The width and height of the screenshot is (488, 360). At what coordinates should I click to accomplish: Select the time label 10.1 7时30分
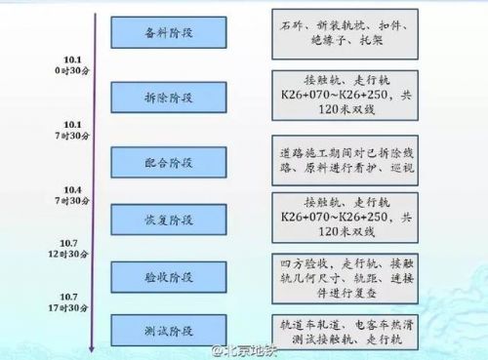pyautogui.click(x=72, y=131)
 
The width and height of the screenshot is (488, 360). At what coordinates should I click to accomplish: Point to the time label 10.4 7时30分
pyautogui.click(x=72, y=193)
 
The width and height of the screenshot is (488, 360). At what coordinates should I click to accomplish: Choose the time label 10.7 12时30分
pyautogui.click(x=70, y=247)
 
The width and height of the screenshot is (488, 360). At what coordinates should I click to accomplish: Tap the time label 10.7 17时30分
pyautogui.click(x=70, y=301)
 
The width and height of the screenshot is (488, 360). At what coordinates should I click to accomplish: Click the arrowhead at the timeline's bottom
pyautogui.click(x=92, y=348)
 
